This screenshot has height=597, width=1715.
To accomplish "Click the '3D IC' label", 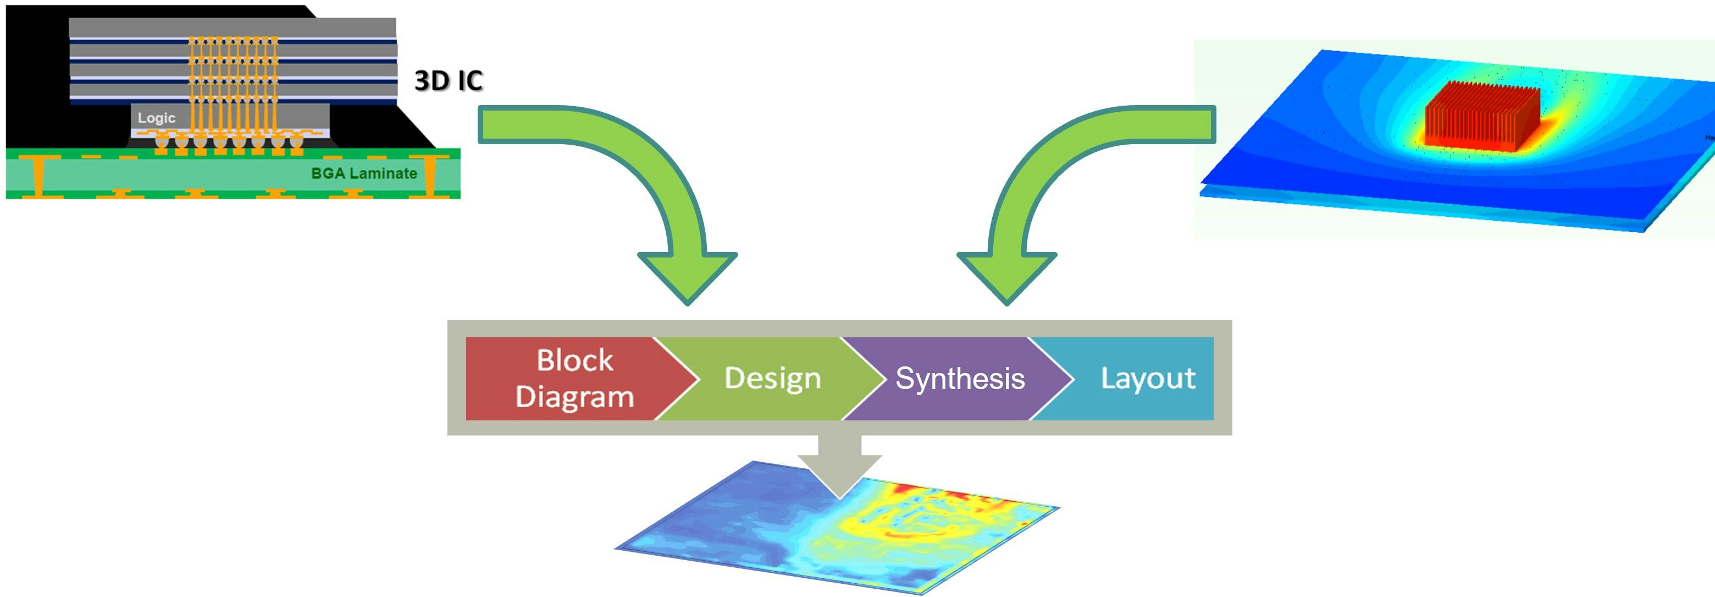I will [x=448, y=81].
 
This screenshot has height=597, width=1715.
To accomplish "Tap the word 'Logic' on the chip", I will [x=157, y=118].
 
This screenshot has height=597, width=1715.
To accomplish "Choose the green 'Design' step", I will [x=772, y=378].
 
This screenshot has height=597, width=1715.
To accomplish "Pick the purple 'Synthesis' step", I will [x=959, y=378].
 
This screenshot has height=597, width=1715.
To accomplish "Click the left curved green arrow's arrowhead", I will [x=688, y=277].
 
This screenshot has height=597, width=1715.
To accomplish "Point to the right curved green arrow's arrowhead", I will [x=1006, y=277].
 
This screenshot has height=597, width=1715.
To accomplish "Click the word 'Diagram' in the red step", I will [x=574, y=397].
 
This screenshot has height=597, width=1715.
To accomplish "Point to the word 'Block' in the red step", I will [x=574, y=360].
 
